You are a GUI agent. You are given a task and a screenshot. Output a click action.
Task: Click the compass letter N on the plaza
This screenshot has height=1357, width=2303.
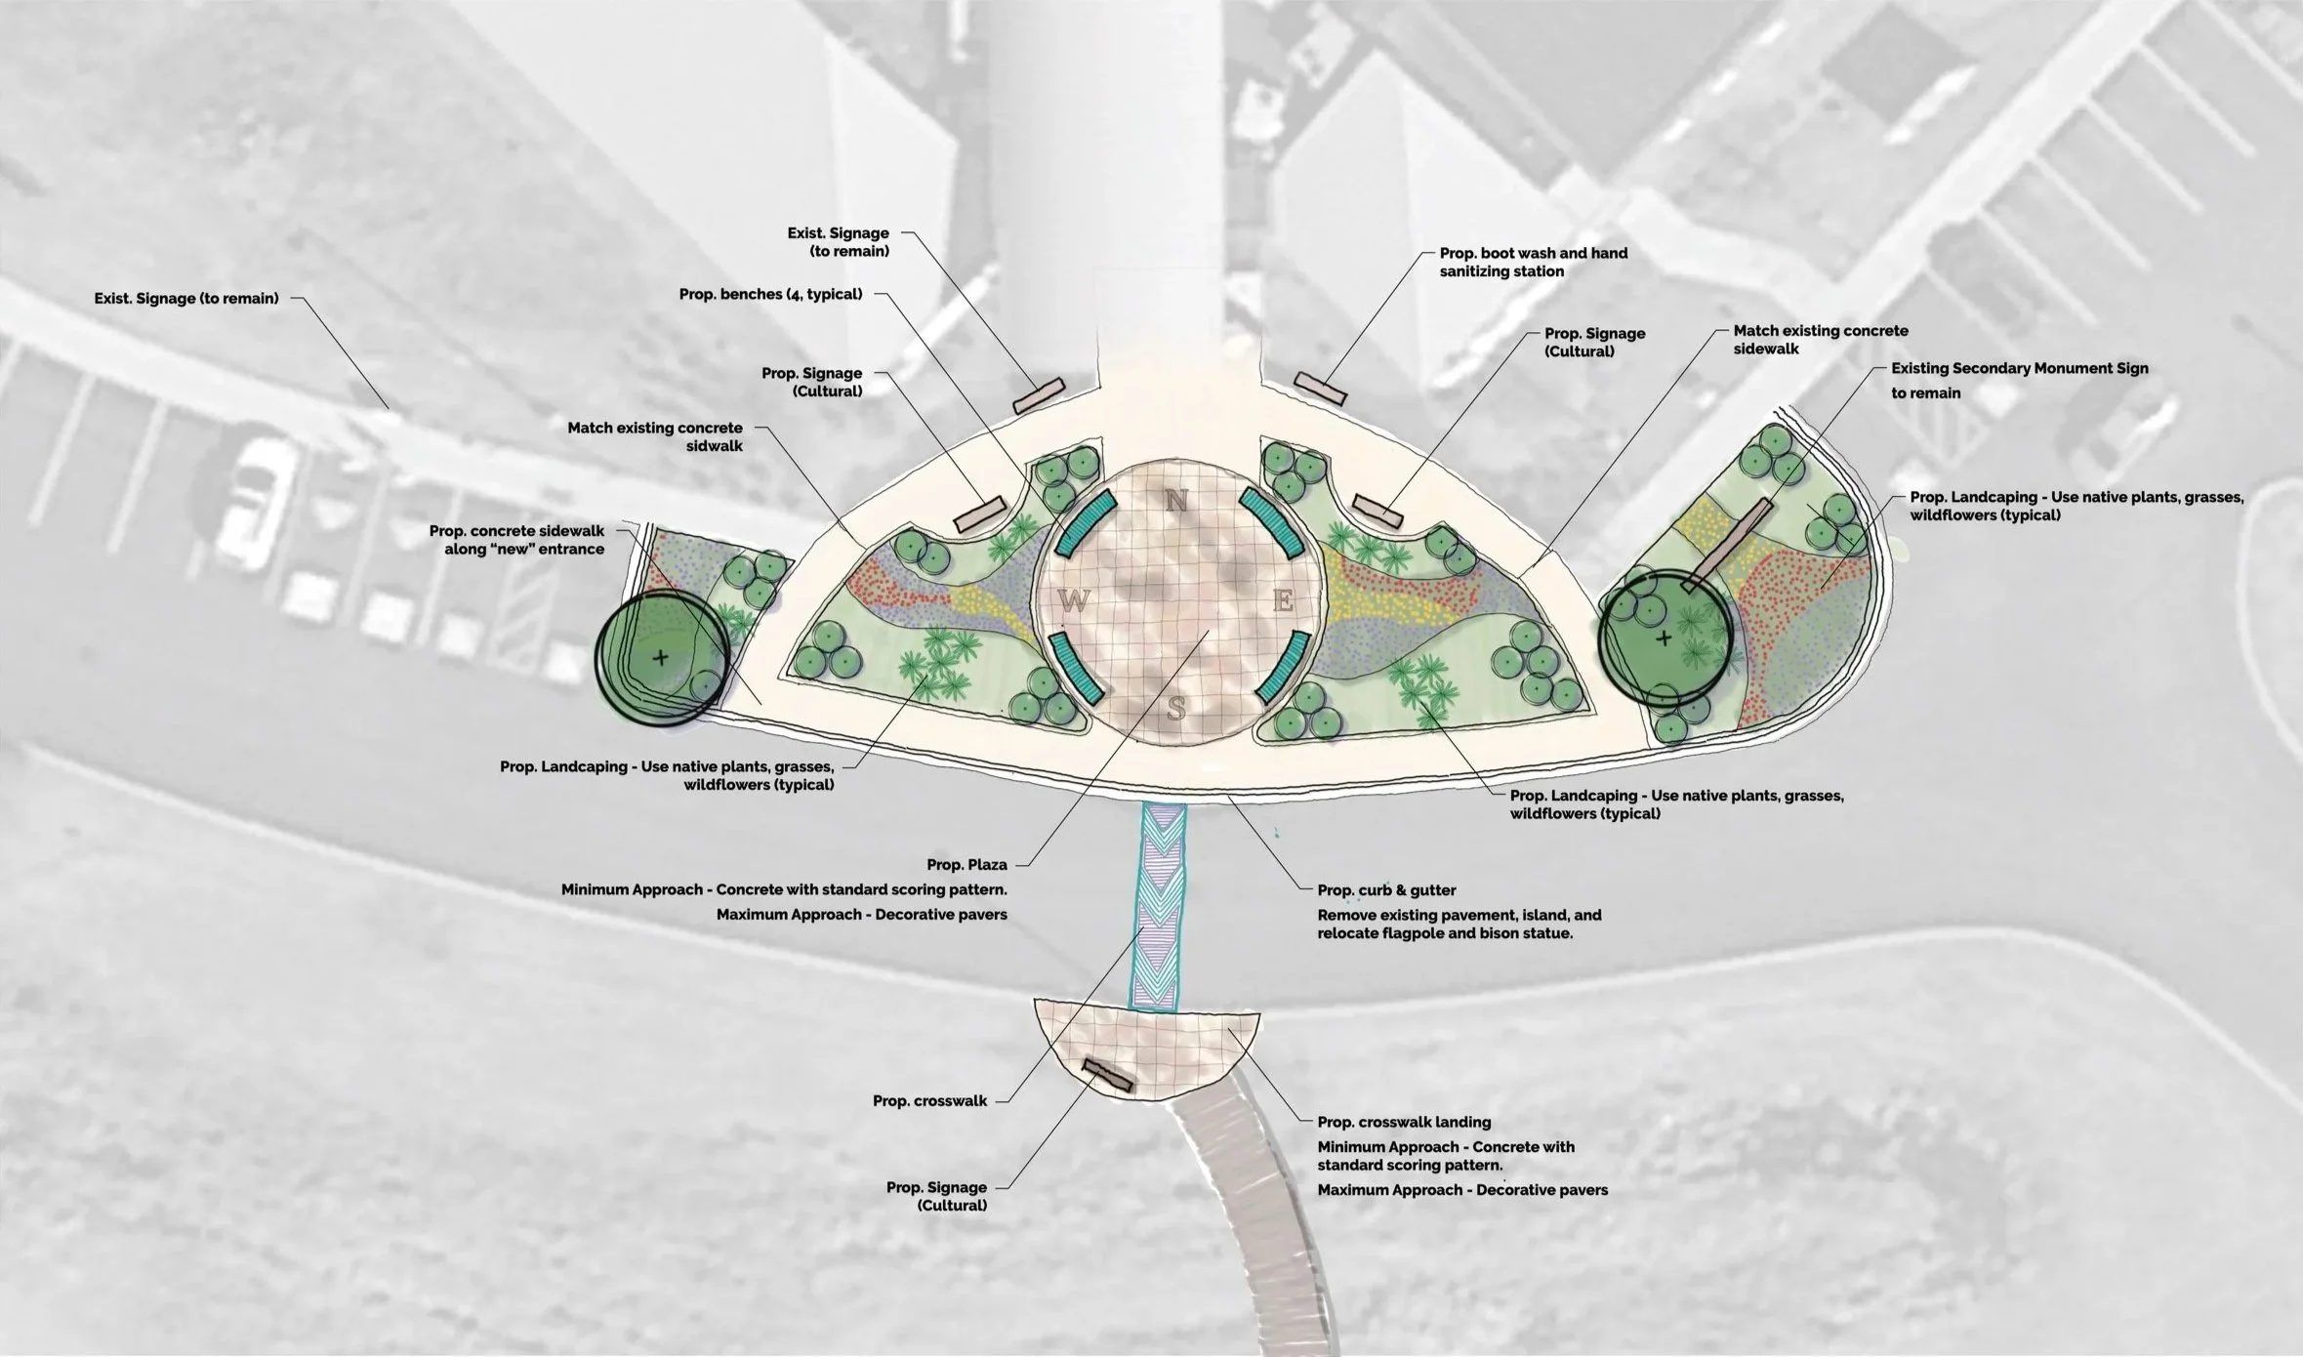click(1176, 501)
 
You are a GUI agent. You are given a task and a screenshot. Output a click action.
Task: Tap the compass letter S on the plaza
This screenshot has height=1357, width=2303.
click(1177, 708)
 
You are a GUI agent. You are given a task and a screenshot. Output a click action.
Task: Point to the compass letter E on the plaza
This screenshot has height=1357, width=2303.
click(1283, 601)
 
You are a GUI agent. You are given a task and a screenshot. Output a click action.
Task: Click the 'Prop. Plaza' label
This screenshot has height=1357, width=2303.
click(967, 864)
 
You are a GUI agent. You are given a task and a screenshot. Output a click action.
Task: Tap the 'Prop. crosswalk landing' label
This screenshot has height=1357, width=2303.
click(1404, 1123)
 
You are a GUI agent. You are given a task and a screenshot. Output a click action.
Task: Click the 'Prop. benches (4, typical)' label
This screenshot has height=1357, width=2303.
click(770, 294)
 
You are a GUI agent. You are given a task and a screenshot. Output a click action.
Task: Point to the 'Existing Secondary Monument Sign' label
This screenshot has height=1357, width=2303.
click(2019, 369)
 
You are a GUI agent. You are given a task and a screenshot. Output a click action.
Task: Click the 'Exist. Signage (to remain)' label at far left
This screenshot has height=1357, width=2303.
click(186, 299)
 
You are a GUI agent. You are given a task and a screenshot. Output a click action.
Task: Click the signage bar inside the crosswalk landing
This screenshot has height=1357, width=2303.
click(1107, 1076)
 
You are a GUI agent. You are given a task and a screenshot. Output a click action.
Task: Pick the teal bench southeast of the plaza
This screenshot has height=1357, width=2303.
click(1282, 667)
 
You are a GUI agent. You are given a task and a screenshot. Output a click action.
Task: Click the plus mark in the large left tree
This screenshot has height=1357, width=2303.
click(661, 657)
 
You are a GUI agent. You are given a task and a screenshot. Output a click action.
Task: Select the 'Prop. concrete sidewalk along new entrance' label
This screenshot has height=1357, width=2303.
click(516, 540)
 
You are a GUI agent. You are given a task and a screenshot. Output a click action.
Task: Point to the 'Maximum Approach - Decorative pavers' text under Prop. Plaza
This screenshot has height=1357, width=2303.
click(861, 915)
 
